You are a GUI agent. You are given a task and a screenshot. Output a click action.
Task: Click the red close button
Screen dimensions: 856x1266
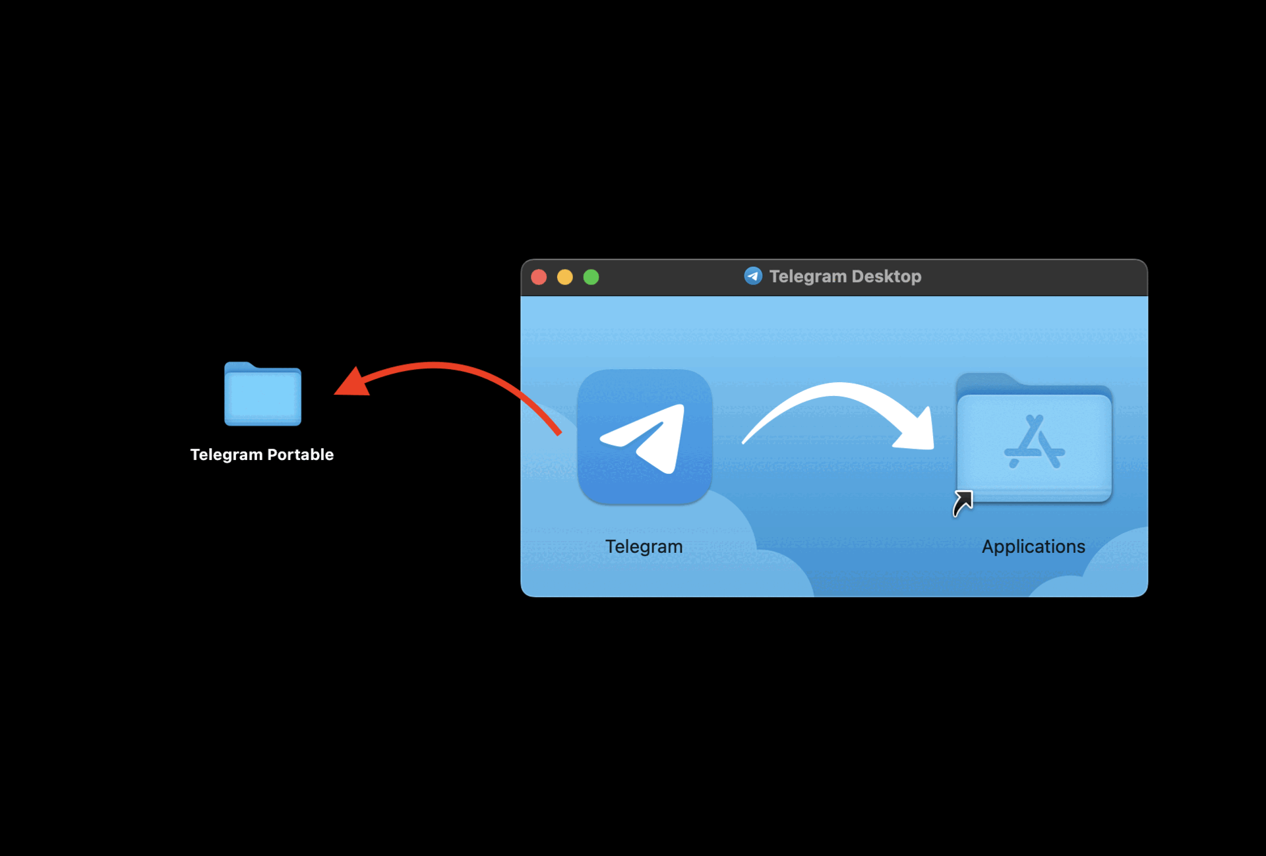click(539, 277)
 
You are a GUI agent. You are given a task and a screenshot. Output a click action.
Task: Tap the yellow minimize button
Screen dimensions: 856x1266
click(565, 277)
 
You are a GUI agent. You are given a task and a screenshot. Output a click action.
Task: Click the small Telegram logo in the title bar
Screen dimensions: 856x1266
click(753, 276)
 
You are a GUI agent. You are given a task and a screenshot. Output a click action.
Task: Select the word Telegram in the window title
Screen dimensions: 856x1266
click(808, 277)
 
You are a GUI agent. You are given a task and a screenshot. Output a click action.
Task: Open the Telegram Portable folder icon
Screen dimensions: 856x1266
click(262, 395)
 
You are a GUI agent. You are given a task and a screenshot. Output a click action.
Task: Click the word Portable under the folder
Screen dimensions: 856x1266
click(301, 455)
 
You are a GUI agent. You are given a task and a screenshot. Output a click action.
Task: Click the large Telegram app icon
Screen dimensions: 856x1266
click(644, 437)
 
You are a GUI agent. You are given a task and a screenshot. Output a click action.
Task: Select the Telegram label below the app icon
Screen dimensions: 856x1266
click(644, 546)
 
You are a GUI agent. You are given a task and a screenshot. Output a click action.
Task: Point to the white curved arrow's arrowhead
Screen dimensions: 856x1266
click(918, 432)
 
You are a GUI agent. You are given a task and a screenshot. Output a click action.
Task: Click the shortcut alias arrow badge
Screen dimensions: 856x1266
click(963, 503)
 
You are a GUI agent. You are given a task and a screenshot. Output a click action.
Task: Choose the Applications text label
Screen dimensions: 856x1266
click(1033, 546)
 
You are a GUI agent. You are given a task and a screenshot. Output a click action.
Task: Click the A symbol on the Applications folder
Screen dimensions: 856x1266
click(1034, 442)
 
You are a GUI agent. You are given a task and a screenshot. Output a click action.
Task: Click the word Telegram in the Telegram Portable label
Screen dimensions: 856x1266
click(226, 455)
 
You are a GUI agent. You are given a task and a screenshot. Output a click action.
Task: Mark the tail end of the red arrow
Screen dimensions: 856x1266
click(558, 432)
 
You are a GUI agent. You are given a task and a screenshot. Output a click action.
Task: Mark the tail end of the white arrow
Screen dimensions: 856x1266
click(746, 441)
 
